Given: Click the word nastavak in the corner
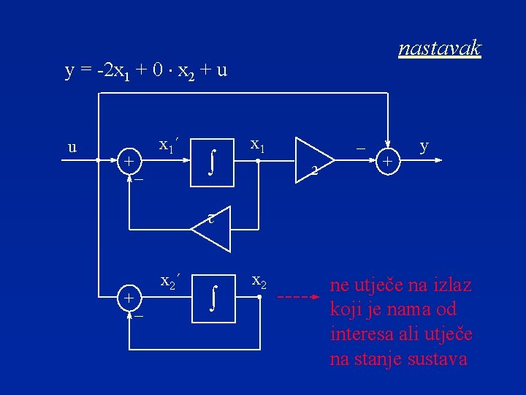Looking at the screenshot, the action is pos(440,48).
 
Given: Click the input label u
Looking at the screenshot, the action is pos(72,148).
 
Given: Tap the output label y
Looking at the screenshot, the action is pos(424,146).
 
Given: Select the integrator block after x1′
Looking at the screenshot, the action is pos(212,160).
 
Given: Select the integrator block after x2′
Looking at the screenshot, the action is pos(212,298).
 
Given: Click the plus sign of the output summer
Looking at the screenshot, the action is pos(388,160).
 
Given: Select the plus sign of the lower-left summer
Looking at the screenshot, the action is pos(129,298).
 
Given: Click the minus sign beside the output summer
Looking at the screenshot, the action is pos(359,147).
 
